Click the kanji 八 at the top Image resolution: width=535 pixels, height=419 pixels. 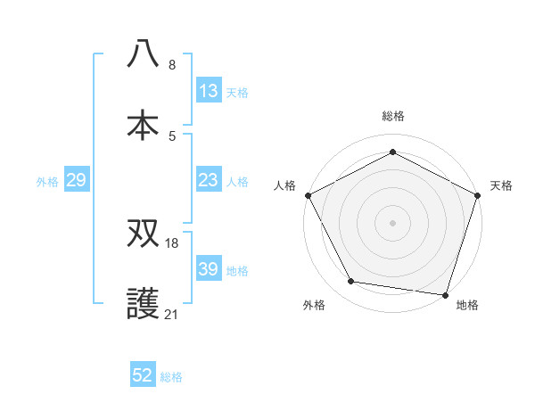coord(144,53)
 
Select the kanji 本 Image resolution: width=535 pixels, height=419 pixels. coord(144,123)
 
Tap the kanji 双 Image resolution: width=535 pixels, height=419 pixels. coord(144,234)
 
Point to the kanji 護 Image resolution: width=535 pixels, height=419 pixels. coord(144,303)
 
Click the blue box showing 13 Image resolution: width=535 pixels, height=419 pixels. coord(209,90)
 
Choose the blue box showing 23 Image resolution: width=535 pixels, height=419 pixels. coord(209,179)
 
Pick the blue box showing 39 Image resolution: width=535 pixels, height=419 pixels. coord(209,269)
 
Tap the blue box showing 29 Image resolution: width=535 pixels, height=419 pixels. coord(77,180)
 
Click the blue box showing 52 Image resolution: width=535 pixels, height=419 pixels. coord(143,375)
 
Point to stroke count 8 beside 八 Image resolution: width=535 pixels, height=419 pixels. coord(172,65)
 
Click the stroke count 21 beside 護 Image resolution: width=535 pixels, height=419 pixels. coord(173,314)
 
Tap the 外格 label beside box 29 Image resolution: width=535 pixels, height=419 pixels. coord(47,181)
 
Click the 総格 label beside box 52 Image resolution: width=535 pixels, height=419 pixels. coord(171,377)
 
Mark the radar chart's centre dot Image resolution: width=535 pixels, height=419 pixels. coord(392,222)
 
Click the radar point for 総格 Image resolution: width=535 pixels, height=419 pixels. coord(392,152)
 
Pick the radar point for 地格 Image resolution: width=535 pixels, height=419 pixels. coord(445,294)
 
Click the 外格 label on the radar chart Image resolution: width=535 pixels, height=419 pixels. coord(314,305)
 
